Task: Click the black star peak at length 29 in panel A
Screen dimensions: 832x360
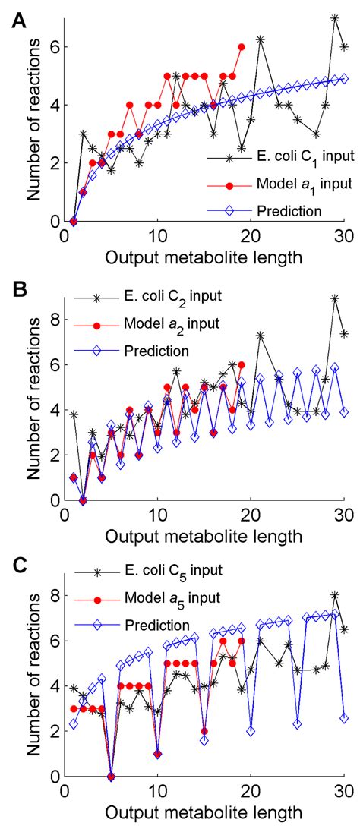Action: coord(335,17)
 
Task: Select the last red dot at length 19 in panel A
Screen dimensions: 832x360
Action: coord(242,47)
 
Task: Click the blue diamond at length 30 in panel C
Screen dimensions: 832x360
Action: coord(345,717)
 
